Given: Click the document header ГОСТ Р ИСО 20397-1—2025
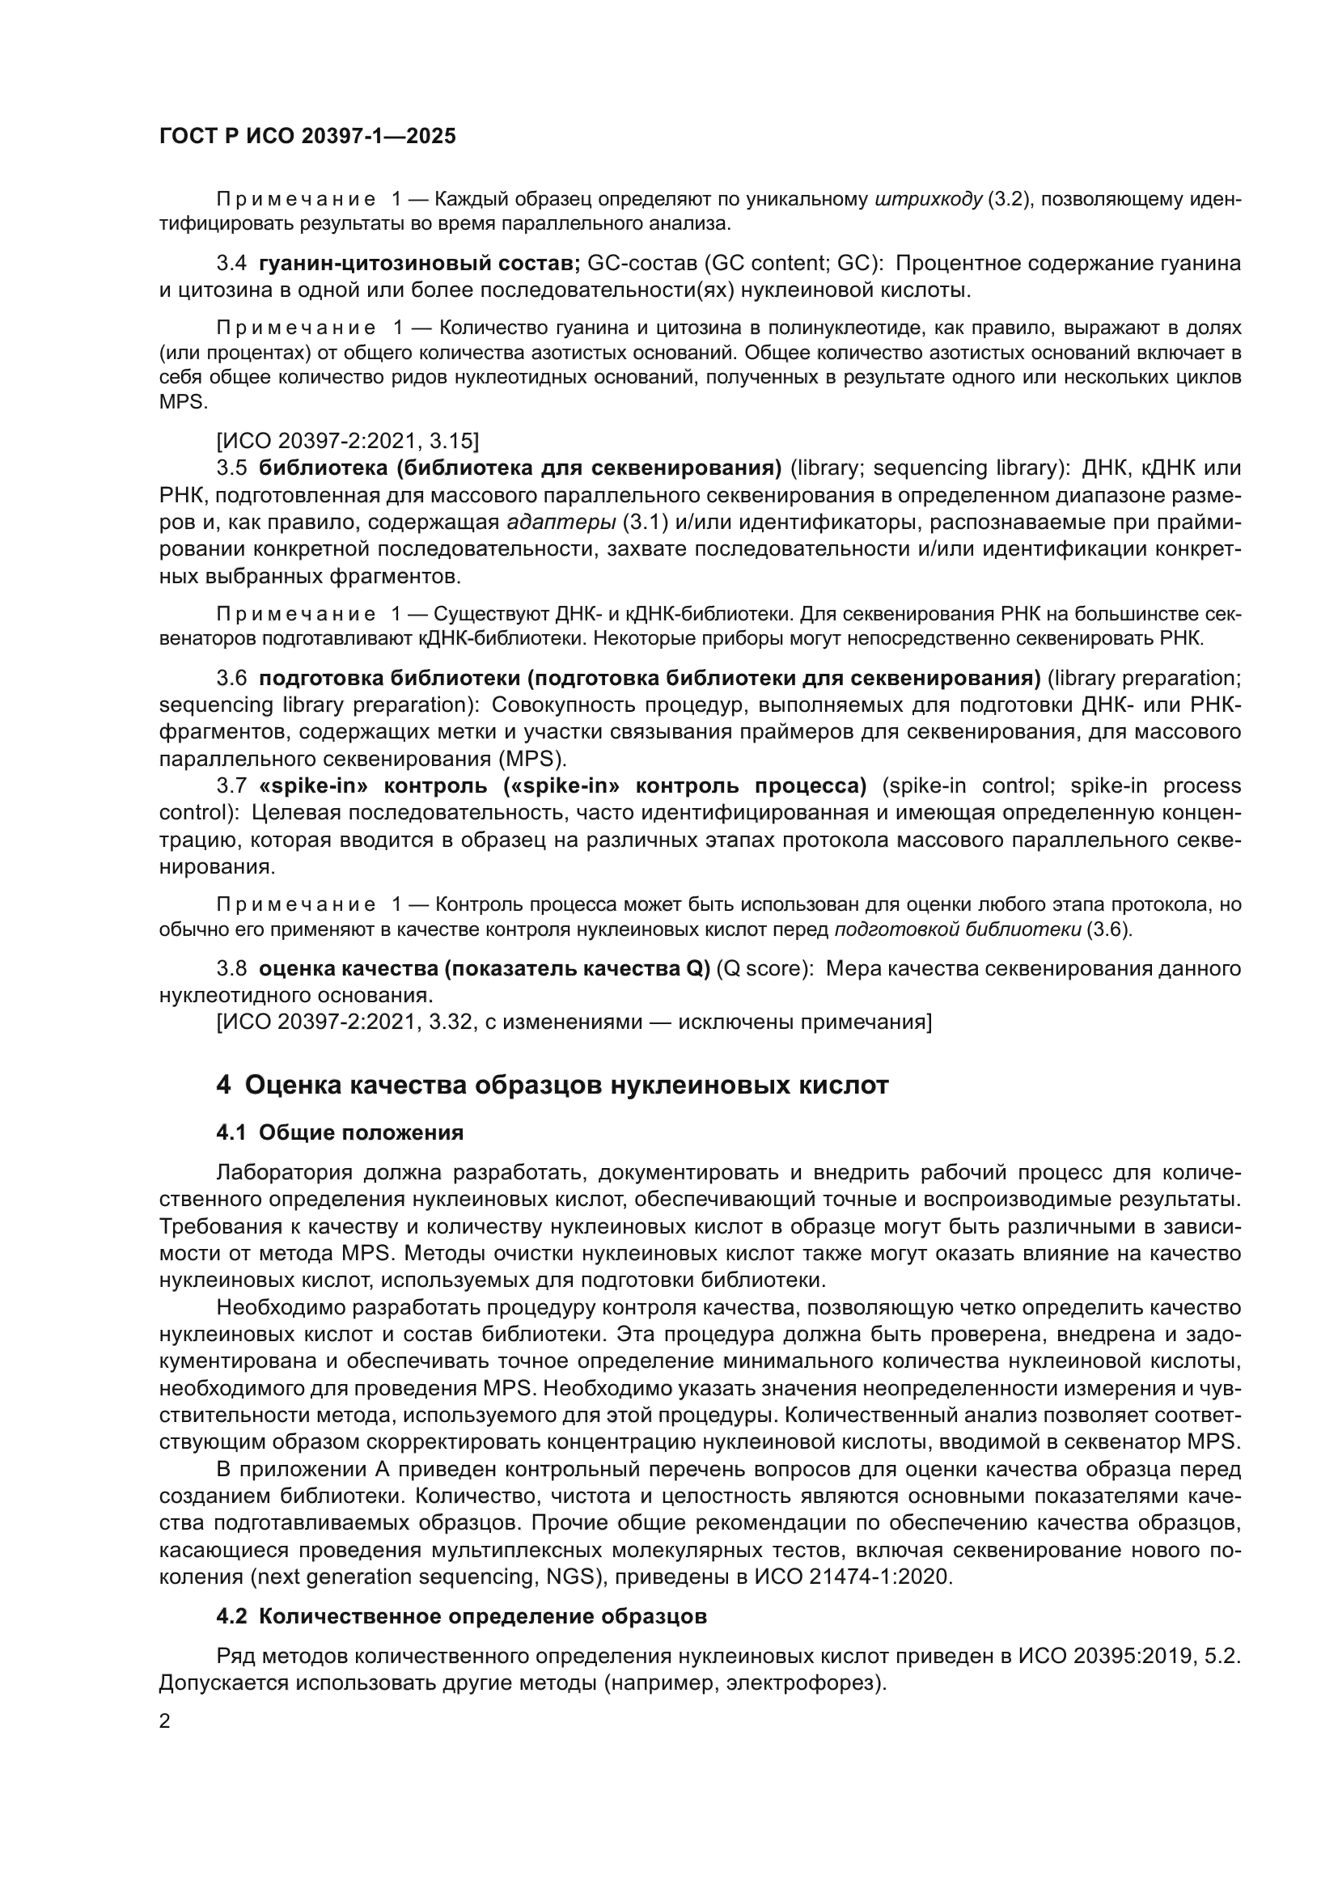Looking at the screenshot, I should pyautogui.click(x=307, y=137).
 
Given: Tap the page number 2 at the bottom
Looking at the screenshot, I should pyautogui.click(x=165, y=1721).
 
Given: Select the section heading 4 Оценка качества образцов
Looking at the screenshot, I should pyautogui.click(x=552, y=1086).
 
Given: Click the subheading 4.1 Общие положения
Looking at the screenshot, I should pyautogui.click(x=340, y=1133).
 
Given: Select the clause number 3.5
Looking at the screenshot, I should pyautogui.click(x=231, y=468).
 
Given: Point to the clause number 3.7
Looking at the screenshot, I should pyautogui.click(x=231, y=786).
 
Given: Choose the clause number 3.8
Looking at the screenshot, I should pyautogui.click(x=231, y=968).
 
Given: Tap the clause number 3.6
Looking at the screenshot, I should pyautogui.click(x=231, y=678).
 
